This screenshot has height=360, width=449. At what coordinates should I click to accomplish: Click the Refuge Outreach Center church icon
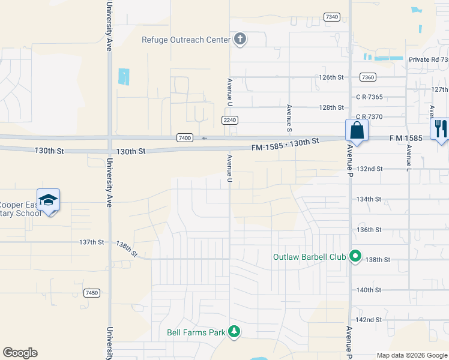pyautogui.click(x=240, y=40)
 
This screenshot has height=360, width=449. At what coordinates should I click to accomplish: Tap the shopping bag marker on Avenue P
pyautogui.click(x=357, y=130)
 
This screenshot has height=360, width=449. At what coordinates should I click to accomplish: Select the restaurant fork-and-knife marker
pyautogui.click(x=440, y=128)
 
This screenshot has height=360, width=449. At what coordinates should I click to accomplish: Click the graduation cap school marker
pyautogui.click(x=48, y=200)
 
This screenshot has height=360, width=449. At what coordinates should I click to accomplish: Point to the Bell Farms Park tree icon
pyautogui.click(x=234, y=332)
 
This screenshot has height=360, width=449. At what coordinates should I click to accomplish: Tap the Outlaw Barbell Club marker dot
pyautogui.click(x=355, y=257)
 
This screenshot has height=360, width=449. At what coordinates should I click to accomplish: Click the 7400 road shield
pyautogui.click(x=185, y=138)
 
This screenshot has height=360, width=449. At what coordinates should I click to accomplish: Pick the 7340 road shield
pyautogui.click(x=331, y=17)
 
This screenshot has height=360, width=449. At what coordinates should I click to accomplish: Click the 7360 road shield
pyautogui.click(x=368, y=77)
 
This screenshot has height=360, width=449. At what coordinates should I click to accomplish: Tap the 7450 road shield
pyautogui.click(x=91, y=292)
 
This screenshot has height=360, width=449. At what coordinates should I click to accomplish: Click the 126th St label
pyautogui.click(x=331, y=77)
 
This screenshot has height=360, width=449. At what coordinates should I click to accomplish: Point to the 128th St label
pyautogui.click(x=331, y=107)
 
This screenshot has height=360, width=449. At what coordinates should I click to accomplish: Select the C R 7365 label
pyautogui.click(x=369, y=97)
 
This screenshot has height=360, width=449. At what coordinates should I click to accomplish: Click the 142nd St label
pyautogui.click(x=369, y=320)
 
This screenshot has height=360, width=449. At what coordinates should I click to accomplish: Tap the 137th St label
pyautogui.click(x=92, y=242)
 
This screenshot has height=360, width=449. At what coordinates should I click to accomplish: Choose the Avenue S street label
pyautogui.click(x=289, y=118)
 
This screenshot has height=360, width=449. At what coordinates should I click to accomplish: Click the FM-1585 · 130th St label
pyautogui.click(x=285, y=145)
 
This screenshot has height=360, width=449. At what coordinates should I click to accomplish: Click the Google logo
pyautogui.click(x=20, y=353)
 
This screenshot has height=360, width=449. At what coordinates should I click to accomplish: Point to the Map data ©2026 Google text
pyautogui.click(x=411, y=355)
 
